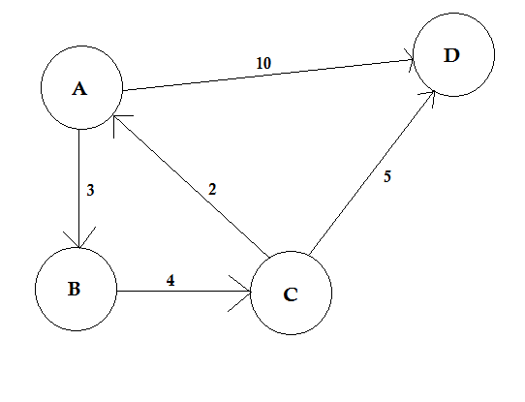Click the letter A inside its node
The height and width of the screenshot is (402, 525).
tap(79, 89)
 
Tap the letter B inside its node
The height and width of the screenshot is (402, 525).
tap(74, 289)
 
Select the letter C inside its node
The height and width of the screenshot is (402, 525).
tap(291, 294)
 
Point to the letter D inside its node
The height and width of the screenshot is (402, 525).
tap(451, 55)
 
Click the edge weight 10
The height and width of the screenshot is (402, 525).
tap(263, 63)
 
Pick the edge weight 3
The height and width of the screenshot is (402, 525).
tap(90, 190)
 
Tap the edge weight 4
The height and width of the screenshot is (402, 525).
tap(170, 280)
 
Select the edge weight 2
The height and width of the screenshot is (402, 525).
tap(212, 190)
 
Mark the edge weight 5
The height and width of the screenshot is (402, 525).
tap(387, 176)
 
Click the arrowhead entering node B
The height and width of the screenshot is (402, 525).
tap(79, 238)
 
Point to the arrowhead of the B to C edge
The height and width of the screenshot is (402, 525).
tap(240, 294)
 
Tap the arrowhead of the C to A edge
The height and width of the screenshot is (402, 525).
tap(121, 125)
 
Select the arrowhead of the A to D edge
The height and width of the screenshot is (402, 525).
tap(409, 60)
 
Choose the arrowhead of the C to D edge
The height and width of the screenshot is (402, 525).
tap(428, 98)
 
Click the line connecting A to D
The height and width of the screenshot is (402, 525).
tap(268, 75)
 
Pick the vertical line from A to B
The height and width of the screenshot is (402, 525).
tap(79, 189)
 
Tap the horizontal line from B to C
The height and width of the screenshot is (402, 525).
tap(184, 292)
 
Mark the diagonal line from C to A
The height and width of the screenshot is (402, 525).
tap(192, 187)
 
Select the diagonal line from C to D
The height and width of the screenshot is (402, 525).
tap(372, 172)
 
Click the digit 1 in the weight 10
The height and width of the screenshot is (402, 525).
tap(260, 63)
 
